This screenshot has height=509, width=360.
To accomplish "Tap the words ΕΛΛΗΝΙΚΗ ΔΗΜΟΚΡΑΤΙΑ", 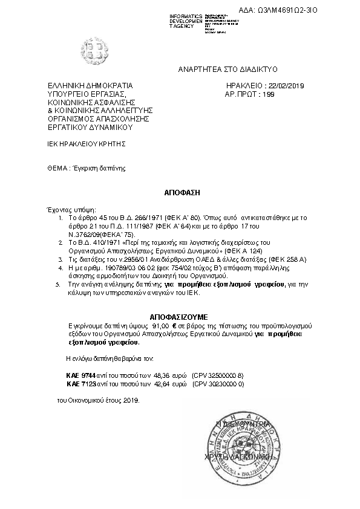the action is click(90, 86).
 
